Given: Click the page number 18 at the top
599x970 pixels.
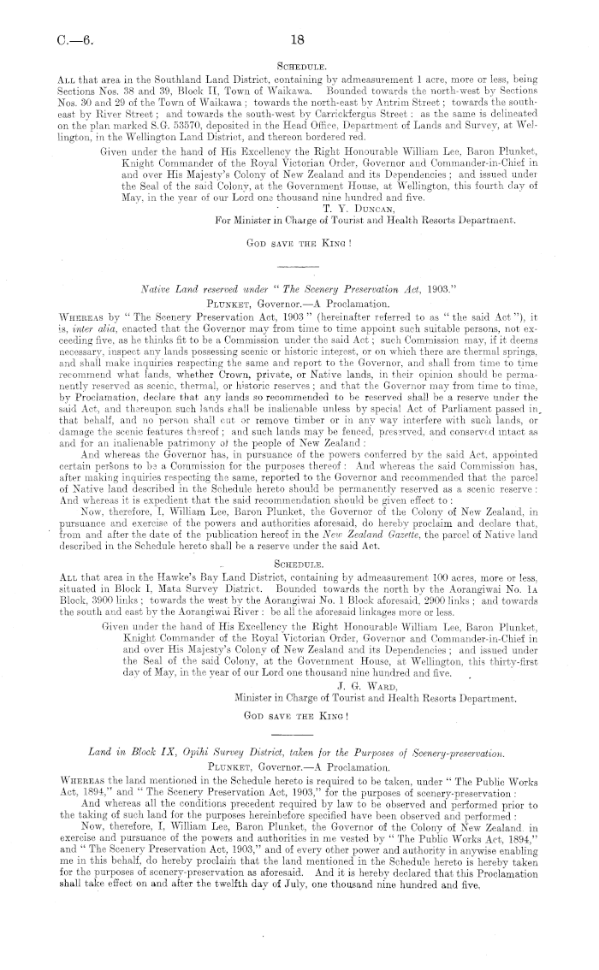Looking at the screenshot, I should [x=298, y=39].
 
